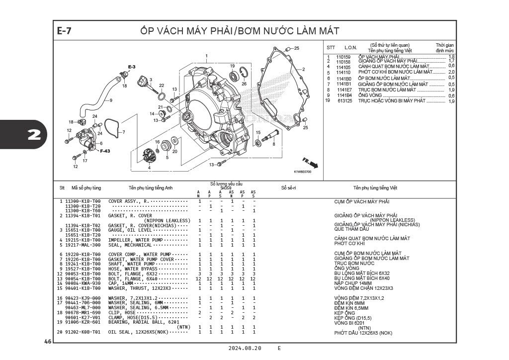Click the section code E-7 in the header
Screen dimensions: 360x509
click(64, 31)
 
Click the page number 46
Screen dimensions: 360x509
click(48, 342)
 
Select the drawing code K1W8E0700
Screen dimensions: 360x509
click(302, 172)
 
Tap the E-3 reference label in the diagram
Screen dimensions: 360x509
click(132, 67)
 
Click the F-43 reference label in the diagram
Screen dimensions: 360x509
click(105, 151)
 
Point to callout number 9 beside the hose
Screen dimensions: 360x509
click(111, 100)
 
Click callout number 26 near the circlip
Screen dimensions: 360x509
click(244, 84)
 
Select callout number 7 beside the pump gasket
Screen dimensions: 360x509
click(124, 132)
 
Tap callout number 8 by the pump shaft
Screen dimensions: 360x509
click(273, 144)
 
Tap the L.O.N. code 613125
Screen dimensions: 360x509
click(344, 101)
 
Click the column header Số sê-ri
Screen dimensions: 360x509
click(288, 188)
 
